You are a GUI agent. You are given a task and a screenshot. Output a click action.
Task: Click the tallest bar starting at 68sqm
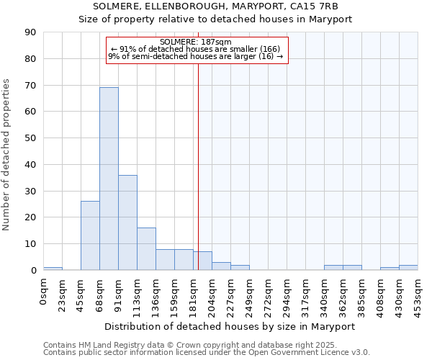pyautogui.click(x=109, y=179)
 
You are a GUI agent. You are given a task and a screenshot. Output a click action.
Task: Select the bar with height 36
pyautogui.click(x=127, y=222)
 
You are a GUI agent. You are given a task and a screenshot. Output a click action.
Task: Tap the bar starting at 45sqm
pyautogui.click(x=90, y=235)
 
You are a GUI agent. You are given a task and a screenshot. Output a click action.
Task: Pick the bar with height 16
pyautogui.click(x=146, y=249)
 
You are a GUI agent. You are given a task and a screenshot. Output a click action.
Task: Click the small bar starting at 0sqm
pyautogui.click(x=53, y=269)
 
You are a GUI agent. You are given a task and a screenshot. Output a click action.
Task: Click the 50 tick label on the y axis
pyautogui.click(x=32, y=138)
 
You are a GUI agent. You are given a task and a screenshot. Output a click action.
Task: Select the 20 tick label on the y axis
pyautogui.click(x=32, y=217)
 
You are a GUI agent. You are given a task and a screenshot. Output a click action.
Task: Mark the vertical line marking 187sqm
pyautogui.click(x=198, y=166)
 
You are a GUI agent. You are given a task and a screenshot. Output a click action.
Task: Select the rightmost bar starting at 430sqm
pyautogui.click(x=408, y=267)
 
